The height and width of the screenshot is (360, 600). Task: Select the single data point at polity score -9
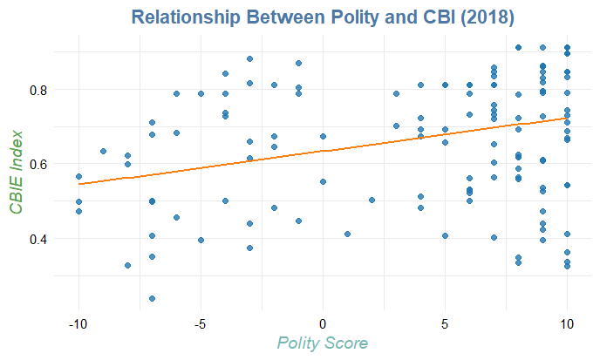coord(103,151)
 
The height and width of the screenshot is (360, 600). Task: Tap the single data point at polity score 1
coord(347,234)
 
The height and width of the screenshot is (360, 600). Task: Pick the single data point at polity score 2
coord(372,200)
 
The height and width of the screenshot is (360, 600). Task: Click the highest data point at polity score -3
coord(249,58)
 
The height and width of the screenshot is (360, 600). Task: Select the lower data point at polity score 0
coord(323,181)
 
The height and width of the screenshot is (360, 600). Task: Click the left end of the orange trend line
coord(78,184)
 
